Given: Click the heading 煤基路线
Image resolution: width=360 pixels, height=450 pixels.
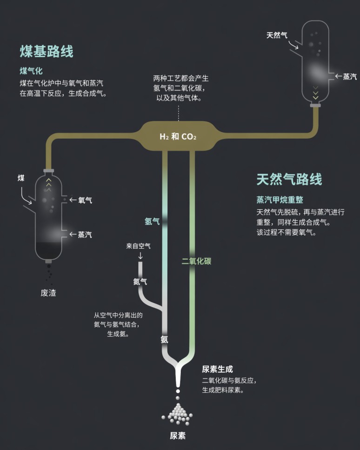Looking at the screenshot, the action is pyautogui.click(x=47, y=51).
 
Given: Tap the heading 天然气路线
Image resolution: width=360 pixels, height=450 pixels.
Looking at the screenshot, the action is pyautogui.click(x=289, y=179).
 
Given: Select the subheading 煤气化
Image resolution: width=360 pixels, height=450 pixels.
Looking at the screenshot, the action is pyautogui.click(x=31, y=71).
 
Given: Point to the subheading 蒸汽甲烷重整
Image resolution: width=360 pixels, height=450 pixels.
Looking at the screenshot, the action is pyautogui.click(x=280, y=200).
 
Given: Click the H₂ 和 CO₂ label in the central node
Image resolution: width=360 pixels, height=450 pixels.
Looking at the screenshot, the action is pyautogui.click(x=178, y=137).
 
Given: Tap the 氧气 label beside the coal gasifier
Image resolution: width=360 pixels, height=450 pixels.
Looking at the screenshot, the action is pyautogui.click(x=85, y=200).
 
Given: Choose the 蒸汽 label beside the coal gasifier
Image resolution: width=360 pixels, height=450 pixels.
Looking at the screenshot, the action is pyautogui.click(x=85, y=235).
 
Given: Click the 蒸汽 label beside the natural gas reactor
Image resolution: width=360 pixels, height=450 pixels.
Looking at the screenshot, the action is pyautogui.click(x=350, y=76).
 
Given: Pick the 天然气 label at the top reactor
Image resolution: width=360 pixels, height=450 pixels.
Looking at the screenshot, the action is pyautogui.click(x=277, y=35).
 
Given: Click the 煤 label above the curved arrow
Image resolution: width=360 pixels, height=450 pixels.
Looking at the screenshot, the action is pyautogui.click(x=21, y=178).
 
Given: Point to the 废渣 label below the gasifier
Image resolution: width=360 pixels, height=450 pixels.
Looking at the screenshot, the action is pyautogui.click(x=48, y=293).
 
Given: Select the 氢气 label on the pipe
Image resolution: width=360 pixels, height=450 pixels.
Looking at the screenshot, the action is pyautogui.click(x=152, y=221).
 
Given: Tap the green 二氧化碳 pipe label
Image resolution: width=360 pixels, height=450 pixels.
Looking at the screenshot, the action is pyautogui.click(x=196, y=261).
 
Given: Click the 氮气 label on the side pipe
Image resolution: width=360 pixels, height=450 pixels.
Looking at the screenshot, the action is pyautogui.click(x=140, y=282).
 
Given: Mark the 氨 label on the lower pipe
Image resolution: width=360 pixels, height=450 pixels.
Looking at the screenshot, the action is pyautogui.click(x=164, y=340).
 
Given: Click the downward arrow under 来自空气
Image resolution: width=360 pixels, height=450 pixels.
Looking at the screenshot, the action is pyautogui.click(x=140, y=255).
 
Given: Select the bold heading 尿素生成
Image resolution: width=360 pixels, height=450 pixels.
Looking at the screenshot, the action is pyautogui.click(x=217, y=369).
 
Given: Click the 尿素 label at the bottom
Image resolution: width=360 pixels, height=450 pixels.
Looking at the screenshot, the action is pyautogui.click(x=178, y=436).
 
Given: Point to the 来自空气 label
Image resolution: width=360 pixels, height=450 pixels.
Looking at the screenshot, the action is pyautogui.click(x=138, y=246).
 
